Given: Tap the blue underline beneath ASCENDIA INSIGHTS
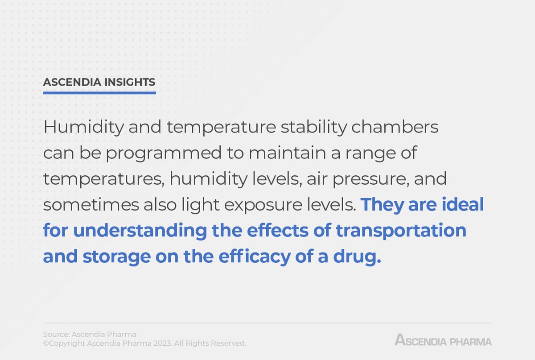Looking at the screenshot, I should tap(99, 93).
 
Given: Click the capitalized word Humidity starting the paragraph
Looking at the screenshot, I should tap(84, 128).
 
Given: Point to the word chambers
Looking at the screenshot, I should tap(395, 128).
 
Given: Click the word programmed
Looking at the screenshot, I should tap(163, 153).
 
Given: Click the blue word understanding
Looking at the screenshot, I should tap(140, 231).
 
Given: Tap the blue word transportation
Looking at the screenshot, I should tap(401, 231).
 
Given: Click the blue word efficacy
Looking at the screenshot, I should tap(254, 257).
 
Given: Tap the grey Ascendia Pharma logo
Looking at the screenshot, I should tap(443, 341).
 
